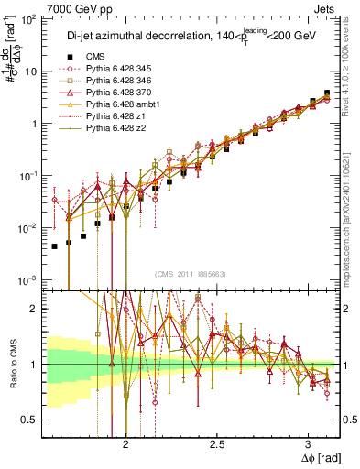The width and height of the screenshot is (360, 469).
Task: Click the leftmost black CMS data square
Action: coord(55,246)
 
